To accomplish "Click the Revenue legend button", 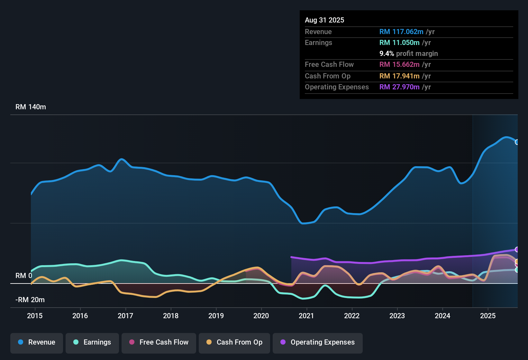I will click(x=37, y=342).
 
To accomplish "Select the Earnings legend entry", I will click(x=92, y=342).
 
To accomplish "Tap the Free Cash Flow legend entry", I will click(x=159, y=342).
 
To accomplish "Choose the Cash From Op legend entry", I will click(x=234, y=342).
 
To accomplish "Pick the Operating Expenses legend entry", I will click(x=318, y=342).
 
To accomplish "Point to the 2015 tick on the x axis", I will click(x=35, y=316).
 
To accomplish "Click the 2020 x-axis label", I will click(x=261, y=316).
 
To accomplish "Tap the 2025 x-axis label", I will click(x=488, y=316).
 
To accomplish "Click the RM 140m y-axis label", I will click(x=31, y=107).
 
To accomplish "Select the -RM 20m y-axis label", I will click(x=30, y=300).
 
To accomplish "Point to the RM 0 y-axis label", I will click(x=24, y=276).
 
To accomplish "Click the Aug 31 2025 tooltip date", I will click(x=324, y=20).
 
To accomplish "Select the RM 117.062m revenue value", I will click(x=401, y=32).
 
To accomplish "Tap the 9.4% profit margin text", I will click(x=408, y=54).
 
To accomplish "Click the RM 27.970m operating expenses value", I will click(x=399, y=87).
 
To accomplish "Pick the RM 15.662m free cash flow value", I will click(x=399, y=65).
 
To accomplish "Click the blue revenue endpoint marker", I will click(x=517, y=142).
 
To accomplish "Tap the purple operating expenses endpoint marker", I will click(x=517, y=249).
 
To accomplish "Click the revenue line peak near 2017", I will click(x=121, y=159).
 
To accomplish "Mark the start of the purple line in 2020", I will click(x=291, y=257).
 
